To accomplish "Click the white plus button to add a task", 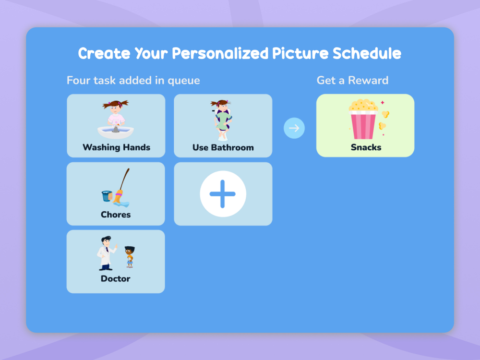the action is click(223, 194).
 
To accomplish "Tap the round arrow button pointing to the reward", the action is click(294, 128).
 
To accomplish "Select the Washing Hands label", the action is click(116, 147).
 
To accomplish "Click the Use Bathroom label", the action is click(223, 147).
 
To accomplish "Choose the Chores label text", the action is click(116, 215).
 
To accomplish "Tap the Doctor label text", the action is click(116, 278).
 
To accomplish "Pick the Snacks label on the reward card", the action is click(366, 147).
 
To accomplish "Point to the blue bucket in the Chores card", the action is click(107, 196).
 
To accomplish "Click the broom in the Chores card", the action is click(121, 190).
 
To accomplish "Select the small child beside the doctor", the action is click(130, 256).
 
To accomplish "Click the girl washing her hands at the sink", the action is click(116, 116).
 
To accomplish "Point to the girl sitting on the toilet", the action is click(222, 120).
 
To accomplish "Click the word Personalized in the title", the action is click(219, 54).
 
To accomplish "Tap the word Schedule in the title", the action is click(367, 53).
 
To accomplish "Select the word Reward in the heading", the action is click(368, 80).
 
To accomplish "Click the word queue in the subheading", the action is click(184, 81).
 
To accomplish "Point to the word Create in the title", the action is click(104, 54).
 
